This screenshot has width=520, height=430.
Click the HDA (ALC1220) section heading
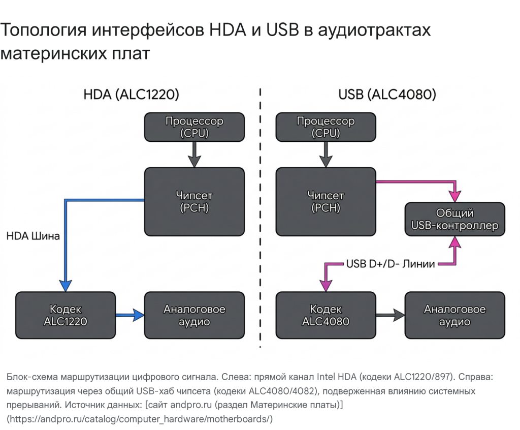(x=131, y=95)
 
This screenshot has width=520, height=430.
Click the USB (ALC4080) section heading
(x=387, y=95)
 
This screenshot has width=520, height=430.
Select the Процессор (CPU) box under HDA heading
(x=194, y=127)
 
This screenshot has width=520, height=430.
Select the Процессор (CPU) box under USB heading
(x=326, y=127)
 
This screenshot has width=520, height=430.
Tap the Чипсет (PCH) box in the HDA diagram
(x=194, y=201)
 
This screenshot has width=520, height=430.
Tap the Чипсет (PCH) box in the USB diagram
(x=326, y=201)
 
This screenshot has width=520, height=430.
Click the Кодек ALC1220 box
(x=66, y=315)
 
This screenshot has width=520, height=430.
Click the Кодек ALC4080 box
(x=326, y=315)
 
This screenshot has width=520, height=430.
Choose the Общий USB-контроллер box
(x=454, y=219)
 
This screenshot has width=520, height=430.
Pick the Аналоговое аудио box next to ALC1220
(x=194, y=315)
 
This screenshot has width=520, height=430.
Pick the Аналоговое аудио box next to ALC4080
(x=454, y=315)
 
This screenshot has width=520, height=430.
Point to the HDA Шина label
(x=33, y=236)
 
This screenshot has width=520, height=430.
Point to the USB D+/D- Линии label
(x=391, y=264)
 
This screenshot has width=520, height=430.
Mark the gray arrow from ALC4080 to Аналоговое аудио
(x=390, y=315)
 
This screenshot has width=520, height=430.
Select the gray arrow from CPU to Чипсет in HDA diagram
(x=194, y=154)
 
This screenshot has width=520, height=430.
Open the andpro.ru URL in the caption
(x=140, y=419)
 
